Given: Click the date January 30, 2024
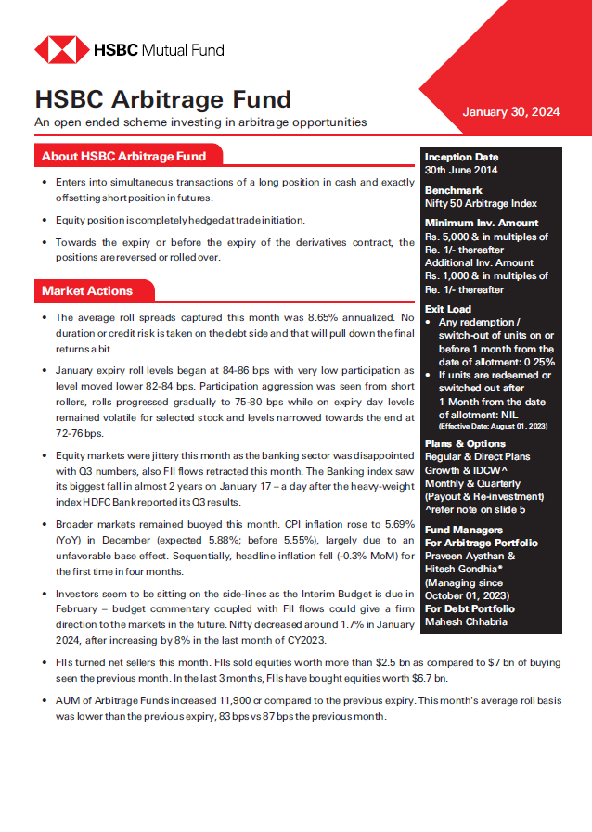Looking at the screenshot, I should pyautogui.click(x=510, y=112).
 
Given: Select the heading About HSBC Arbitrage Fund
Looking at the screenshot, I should pyautogui.click(x=123, y=156).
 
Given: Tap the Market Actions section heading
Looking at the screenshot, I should pyautogui.click(x=87, y=290).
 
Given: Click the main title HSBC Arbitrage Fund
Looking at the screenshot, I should pyautogui.click(x=162, y=98).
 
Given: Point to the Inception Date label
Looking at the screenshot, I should pyautogui.click(x=461, y=157).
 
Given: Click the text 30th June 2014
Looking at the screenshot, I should pyautogui.click(x=461, y=170).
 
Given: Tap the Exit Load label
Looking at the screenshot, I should pyautogui.click(x=448, y=309).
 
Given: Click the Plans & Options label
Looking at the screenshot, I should pyautogui.click(x=465, y=444).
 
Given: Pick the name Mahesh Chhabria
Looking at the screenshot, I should pyautogui.click(x=467, y=622).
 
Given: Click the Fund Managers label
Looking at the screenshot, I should pyautogui.click(x=464, y=530).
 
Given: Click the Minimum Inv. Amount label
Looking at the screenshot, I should pyautogui.click(x=481, y=223).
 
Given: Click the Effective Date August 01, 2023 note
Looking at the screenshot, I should pyautogui.click(x=491, y=426).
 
